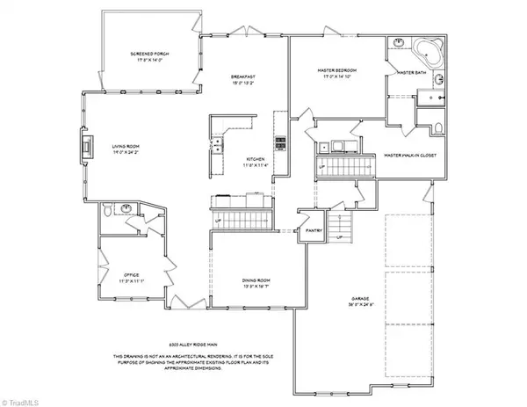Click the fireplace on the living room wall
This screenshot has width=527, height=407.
pos(87,145)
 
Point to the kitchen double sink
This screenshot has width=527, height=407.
pos(216,145)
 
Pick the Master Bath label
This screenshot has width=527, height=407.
pos(410,73)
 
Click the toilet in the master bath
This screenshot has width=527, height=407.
pos(437,129)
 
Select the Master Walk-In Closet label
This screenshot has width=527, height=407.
pos(410,156)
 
